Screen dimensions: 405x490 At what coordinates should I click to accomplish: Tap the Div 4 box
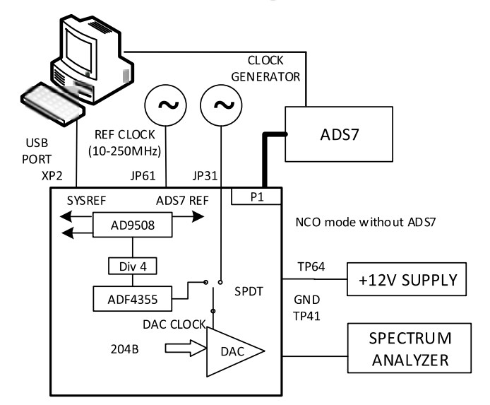[131, 266]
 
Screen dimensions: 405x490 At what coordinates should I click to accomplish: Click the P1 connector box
[256, 198]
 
